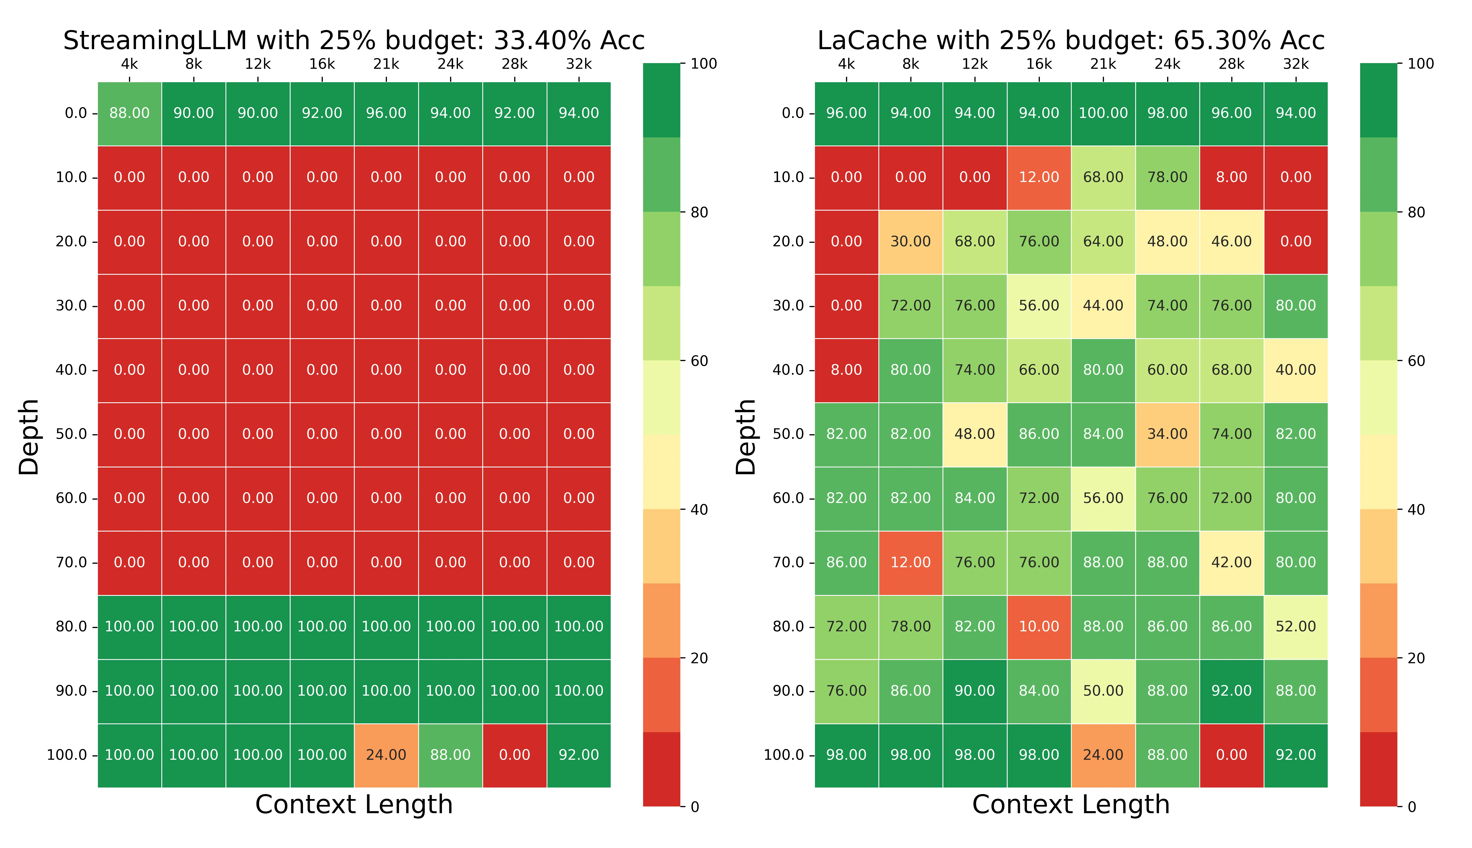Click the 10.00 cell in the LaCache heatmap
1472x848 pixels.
(x=1039, y=627)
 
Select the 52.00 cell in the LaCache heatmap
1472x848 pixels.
(x=1295, y=627)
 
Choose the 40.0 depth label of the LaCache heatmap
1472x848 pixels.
(x=788, y=370)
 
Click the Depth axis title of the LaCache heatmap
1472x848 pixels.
(x=746, y=437)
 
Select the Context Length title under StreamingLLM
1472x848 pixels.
(x=354, y=805)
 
